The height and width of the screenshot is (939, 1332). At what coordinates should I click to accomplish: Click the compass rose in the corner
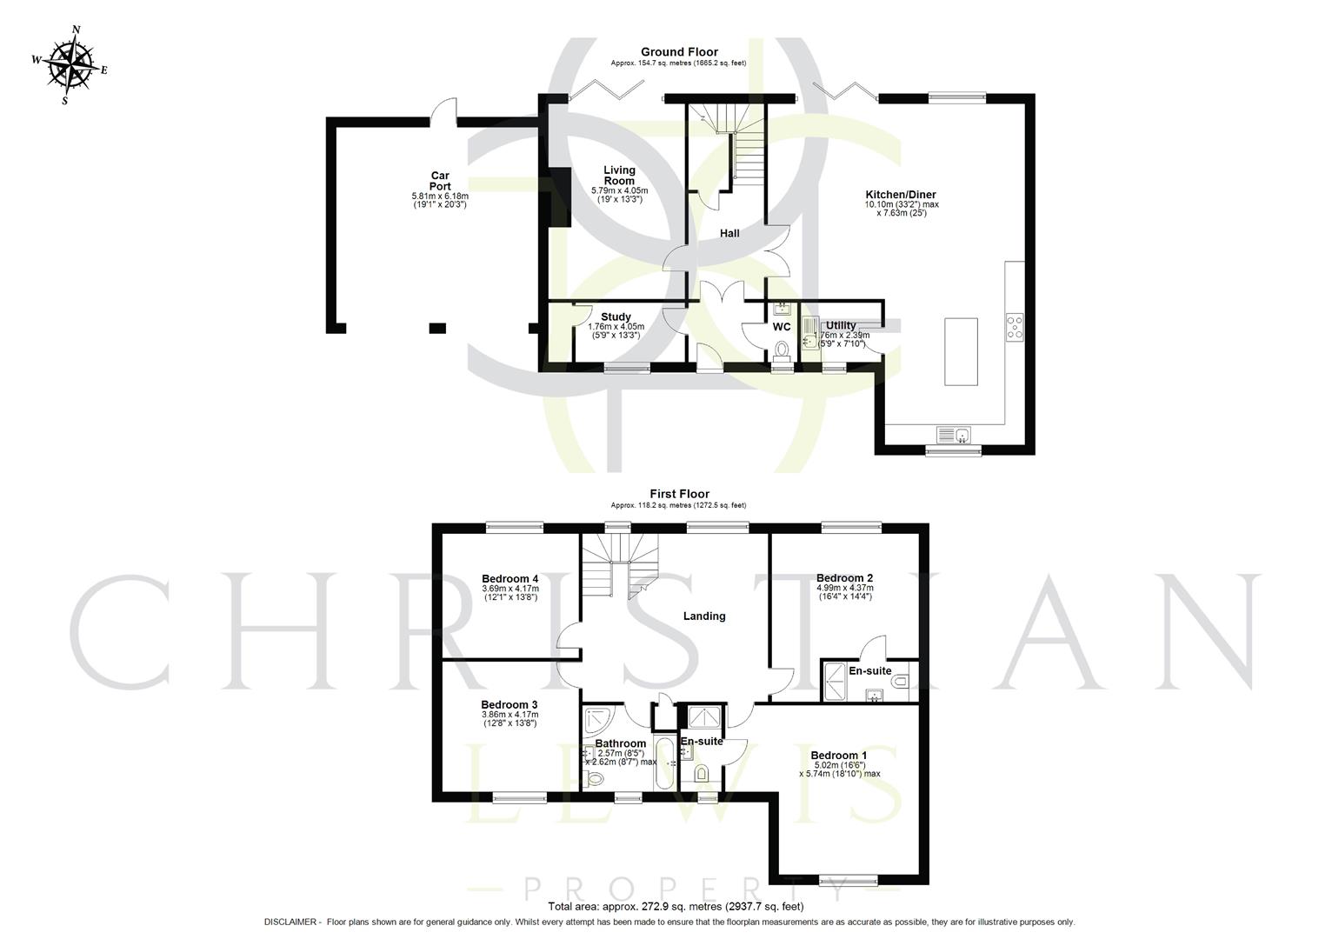[x=70, y=64]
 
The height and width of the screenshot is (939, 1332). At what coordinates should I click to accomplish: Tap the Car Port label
[x=440, y=181]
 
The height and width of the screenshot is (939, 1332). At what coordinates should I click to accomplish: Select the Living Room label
[x=620, y=176]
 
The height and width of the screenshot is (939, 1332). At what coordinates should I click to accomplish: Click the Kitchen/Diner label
[x=901, y=195]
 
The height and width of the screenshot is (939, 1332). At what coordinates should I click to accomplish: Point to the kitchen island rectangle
[x=961, y=350]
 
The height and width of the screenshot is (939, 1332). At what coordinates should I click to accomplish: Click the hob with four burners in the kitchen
[x=1015, y=327]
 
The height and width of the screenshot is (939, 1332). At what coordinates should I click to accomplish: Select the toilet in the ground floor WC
[x=782, y=350]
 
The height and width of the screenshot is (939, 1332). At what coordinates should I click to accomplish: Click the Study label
[x=616, y=317]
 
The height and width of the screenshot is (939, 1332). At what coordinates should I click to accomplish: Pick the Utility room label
[x=841, y=325]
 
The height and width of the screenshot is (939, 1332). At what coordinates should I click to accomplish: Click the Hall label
[x=729, y=233]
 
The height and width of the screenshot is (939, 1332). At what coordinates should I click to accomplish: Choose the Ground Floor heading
[x=679, y=52]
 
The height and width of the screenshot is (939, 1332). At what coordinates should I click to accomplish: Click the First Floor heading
[x=679, y=494]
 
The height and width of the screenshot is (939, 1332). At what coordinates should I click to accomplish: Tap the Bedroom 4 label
[x=510, y=579]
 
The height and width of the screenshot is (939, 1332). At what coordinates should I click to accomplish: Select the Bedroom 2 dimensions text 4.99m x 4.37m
[x=844, y=588]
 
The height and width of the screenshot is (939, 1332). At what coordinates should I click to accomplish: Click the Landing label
[x=703, y=616]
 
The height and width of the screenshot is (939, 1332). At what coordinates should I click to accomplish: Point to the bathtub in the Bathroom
[x=663, y=763]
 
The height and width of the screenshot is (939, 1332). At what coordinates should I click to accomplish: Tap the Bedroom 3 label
[x=509, y=705]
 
